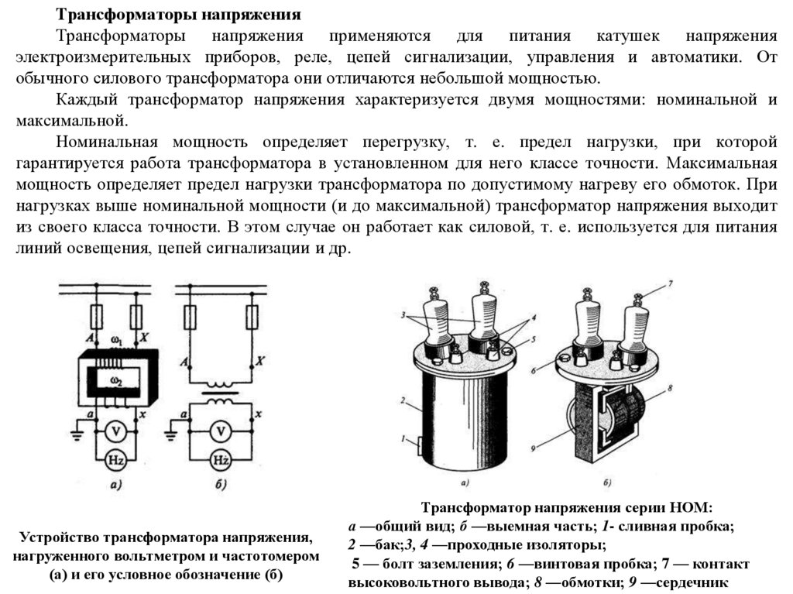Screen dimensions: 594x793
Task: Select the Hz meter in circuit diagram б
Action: point(221,459)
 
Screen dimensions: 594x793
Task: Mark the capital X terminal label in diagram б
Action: point(261,360)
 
